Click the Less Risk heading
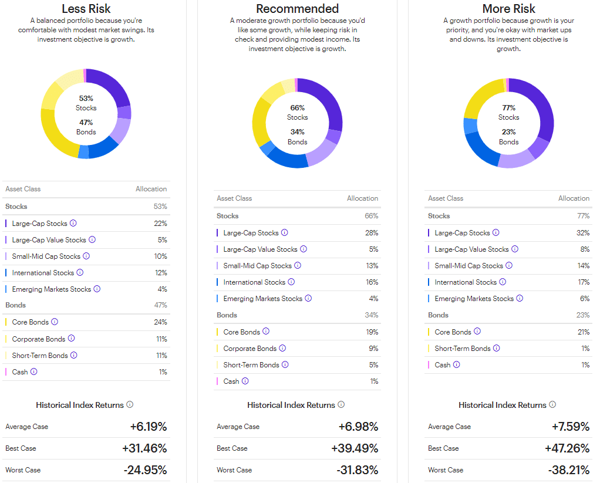pyautogui.click(x=86, y=8)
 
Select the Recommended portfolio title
pyautogui.click(x=297, y=8)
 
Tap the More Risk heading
pyautogui.click(x=508, y=8)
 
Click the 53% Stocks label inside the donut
pyautogui.click(x=86, y=103)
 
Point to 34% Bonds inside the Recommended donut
pyautogui.click(x=297, y=136)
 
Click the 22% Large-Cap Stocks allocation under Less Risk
pyautogui.click(x=160, y=224)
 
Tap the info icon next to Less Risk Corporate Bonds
pyautogui.click(x=71, y=339)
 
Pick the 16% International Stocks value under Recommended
pyautogui.click(x=372, y=282)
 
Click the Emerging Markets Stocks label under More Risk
pyautogui.click(x=474, y=299)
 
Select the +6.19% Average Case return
pyautogui.click(x=148, y=427)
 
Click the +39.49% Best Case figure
pyautogui.click(x=355, y=448)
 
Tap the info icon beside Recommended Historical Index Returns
pyautogui.click(x=341, y=405)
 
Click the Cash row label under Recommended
pyautogui.click(x=231, y=381)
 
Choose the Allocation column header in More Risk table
pyautogui.click(x=574, y=198)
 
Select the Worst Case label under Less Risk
pyautogui.click(x=23, y=470)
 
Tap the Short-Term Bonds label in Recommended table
pyautogui.click(x=251, y=365)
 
